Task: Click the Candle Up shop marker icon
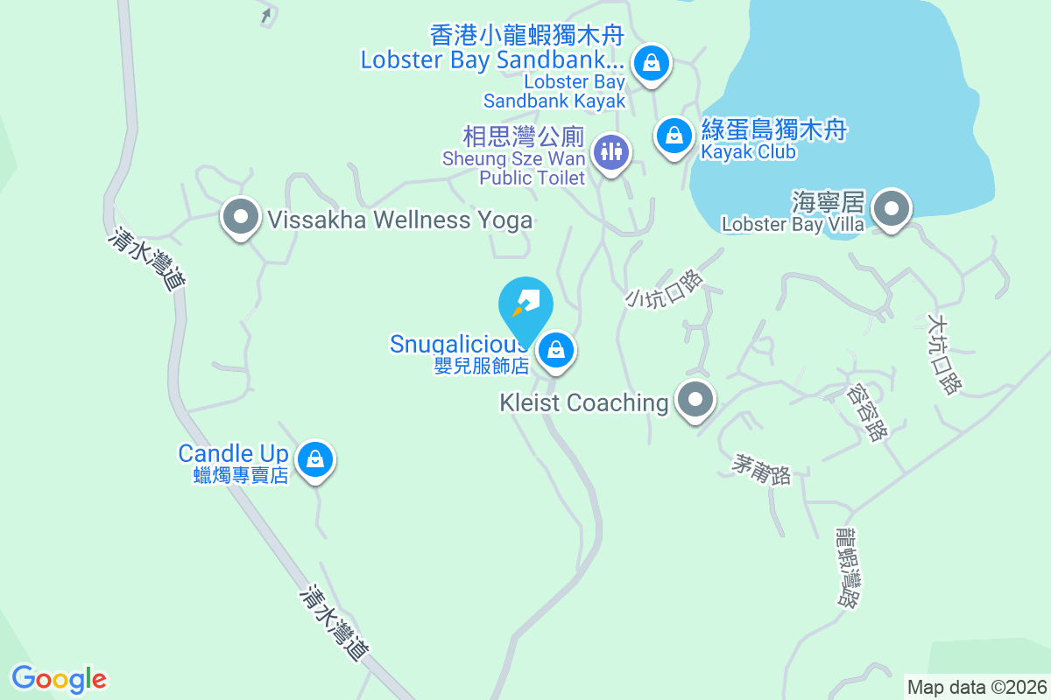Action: point(314,458)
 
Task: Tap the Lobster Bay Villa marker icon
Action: point(892,209)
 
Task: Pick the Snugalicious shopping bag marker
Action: point(554,351)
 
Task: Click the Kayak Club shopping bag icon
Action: point(674,136)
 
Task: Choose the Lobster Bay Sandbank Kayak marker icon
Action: point(651,63)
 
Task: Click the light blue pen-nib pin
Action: point(525,303)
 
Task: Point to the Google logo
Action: point(59,678)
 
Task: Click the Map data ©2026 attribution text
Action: point(977,687)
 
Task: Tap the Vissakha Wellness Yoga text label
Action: point(400,220)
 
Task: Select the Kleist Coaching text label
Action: point(583,402)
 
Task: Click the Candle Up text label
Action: point(233,453)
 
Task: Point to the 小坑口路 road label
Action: point(665,288)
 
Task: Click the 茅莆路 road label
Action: point(761,470)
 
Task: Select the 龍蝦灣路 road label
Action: point(846,566)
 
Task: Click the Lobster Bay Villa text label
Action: point(793,225)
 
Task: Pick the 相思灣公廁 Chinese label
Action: point(523,136)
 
